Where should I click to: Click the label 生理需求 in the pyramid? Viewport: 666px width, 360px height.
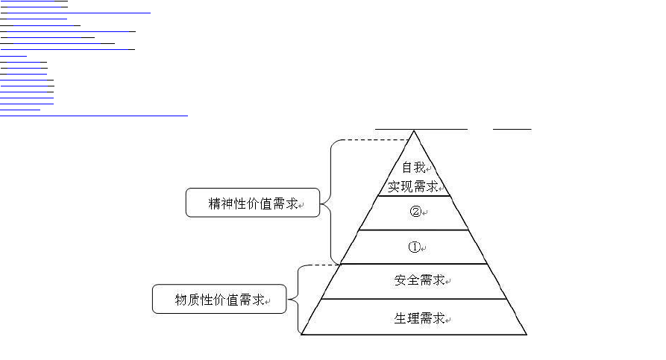pos(419,318)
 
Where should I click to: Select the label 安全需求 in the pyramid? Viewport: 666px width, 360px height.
pos(419,280)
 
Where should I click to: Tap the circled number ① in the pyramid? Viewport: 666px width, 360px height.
pos(414,247)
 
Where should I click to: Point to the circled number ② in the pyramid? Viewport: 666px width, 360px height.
pos(415,212)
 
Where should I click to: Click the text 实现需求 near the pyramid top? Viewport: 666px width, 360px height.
pos(412,186)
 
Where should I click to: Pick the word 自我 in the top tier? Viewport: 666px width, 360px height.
pos(414,167)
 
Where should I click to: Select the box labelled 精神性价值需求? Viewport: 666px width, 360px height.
pos(253,203)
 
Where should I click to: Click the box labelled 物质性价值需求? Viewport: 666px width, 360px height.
pos(219,299)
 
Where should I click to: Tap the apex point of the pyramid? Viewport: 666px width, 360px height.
pos(414,131)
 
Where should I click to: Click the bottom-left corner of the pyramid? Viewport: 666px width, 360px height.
pos(301,335)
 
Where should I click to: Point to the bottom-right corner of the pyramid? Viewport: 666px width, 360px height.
pos(527,335)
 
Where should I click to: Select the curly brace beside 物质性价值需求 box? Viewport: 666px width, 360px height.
pos(298,300)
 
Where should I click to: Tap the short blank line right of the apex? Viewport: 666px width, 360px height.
pos(512,129)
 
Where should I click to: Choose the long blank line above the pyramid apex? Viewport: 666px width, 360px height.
pos(421,129)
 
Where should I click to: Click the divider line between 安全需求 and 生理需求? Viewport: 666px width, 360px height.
pos(414,299)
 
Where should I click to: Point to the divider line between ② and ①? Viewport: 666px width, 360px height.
pos(414,230)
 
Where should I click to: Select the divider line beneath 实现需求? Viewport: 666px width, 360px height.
pos(414,196)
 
